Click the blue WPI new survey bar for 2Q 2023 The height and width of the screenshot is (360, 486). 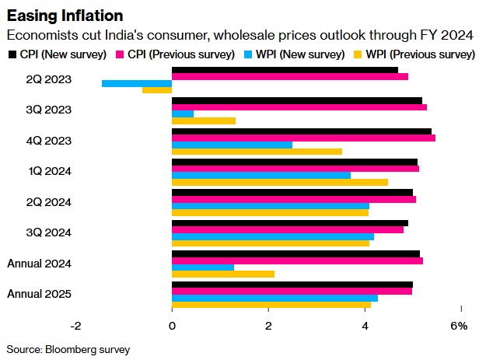[137, 83]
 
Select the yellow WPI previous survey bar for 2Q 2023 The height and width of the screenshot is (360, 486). [157, 90]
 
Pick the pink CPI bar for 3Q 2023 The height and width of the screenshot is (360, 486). [299, 107]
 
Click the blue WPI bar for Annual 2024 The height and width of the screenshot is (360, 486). [203, 267]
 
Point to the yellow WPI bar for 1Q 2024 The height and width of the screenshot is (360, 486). [280, 182]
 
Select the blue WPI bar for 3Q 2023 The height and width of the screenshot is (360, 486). [183, 114]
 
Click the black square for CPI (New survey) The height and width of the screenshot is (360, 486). [11, 54]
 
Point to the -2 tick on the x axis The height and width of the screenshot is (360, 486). [75, 326]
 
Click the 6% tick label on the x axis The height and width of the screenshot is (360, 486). [459, 326]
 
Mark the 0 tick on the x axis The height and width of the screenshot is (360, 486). [172, 326]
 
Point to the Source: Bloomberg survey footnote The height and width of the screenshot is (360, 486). [68, 349]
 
